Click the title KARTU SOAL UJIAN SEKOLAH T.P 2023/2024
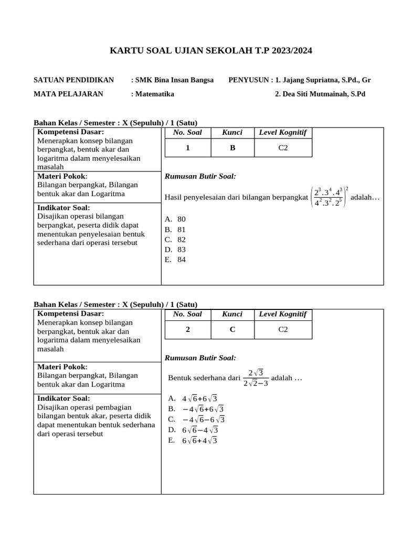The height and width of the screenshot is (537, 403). [x=210, y=51]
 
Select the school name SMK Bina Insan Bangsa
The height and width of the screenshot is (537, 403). [x=174, y=80]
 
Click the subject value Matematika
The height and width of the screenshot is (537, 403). [x=154, y=94]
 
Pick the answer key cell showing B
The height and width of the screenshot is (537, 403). [x=232, y=148]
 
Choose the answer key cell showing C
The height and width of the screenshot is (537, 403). [x=232, y=330]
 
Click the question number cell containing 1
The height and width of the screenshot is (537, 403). [x=188, y=148]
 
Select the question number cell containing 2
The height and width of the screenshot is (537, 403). [x=188, y=330]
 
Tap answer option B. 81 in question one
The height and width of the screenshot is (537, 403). [x=176, y=229]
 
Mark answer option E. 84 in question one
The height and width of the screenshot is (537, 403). [x=176, y=260]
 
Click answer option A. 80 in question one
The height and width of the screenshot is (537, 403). [x=176, y=219]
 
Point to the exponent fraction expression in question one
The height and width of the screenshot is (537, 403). [x=329, y=197]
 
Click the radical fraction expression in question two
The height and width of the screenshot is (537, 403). [x=256, y=378]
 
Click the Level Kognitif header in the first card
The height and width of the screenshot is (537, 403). [x=283, y=133]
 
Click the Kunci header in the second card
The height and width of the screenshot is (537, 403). [x=232, y=314]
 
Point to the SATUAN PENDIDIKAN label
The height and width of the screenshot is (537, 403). [x=73, y=80]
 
